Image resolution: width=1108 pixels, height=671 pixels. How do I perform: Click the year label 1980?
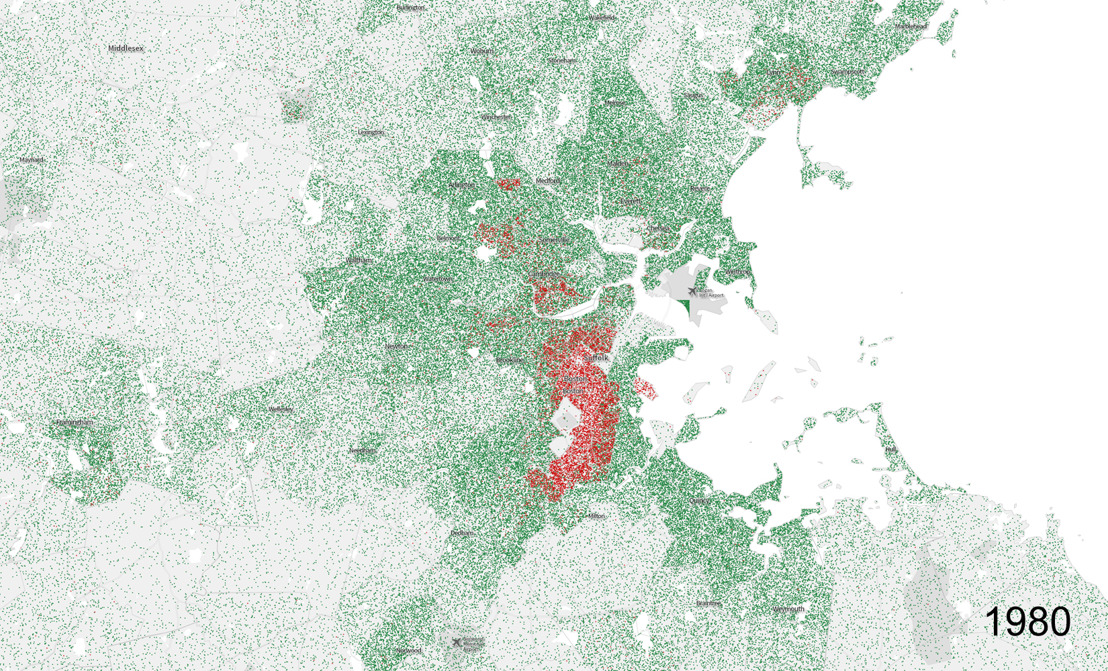coord(1027,621)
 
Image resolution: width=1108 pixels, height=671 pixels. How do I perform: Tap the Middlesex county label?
coord(126,48)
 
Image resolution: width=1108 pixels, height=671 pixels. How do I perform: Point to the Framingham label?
coord(75,422)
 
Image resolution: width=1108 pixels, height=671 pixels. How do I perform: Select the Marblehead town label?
coord(911,26)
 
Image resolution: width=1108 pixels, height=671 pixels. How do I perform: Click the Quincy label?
coord(699,501)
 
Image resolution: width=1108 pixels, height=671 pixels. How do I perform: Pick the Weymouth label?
coord(788,609)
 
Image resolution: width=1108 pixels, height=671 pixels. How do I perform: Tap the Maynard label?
coord(32,160)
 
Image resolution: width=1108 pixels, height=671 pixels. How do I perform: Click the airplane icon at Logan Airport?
coord(692,292)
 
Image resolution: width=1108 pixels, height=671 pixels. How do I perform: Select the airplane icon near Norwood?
coord(457,642)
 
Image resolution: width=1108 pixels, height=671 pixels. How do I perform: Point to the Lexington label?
coord(371,132)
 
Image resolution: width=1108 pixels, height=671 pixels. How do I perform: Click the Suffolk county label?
coord(596,358)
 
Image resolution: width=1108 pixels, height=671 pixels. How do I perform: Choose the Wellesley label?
coord(281,409)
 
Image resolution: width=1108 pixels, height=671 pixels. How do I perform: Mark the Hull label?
coord(891,449)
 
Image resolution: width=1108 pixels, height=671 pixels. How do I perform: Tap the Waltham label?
coord(359,260)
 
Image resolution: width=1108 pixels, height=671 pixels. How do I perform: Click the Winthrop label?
coord(737,272)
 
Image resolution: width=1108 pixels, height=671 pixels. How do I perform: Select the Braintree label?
coord(708,603)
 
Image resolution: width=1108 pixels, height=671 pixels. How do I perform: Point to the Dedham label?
coord(462,533)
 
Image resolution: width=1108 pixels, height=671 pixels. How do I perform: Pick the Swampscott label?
coord(847,72)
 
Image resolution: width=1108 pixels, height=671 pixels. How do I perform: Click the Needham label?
coord(363,450)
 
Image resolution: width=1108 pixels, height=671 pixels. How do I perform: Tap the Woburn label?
coord(481,51)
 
